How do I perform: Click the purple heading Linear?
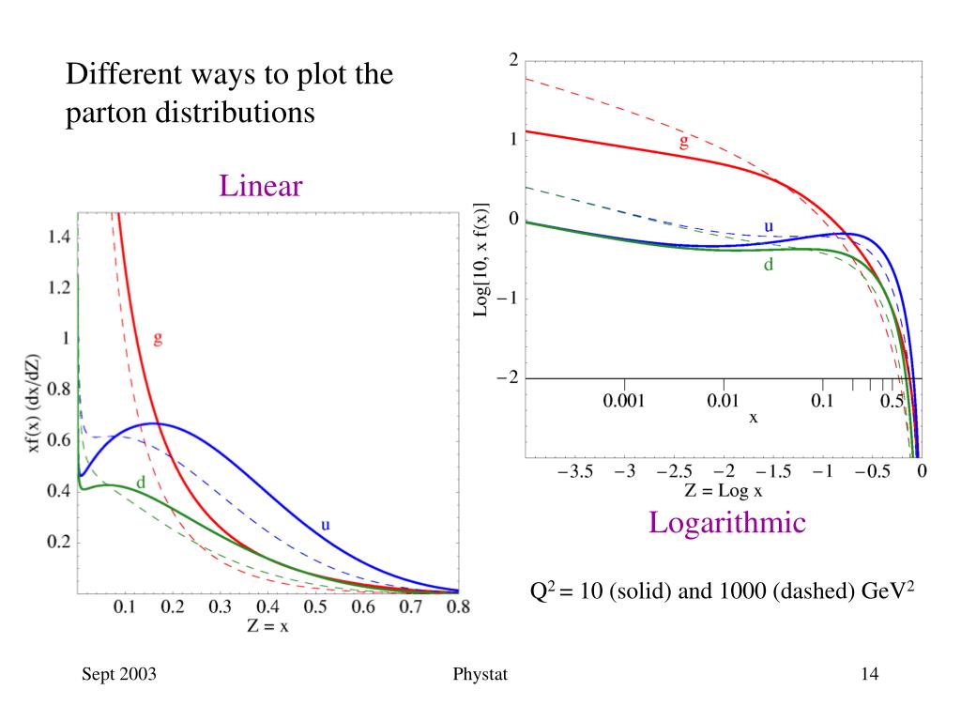coord(261,186)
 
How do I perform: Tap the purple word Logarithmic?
coord(727,523)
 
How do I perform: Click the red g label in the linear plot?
coord(158,339)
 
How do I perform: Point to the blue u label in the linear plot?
coord(326,525)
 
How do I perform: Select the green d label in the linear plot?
coord(141,483)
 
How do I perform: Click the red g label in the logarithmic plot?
coord(683,142)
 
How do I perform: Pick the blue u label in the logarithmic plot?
coord(768,226)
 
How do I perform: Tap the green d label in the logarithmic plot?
coord(768,265)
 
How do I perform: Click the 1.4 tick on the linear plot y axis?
coord(57,238)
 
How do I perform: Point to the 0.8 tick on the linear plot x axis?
coord(459,607)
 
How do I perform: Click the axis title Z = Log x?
coord(730,490)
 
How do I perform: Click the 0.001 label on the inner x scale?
coord(622,402)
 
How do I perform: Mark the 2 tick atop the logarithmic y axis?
coord(513,60)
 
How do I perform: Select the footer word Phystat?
coord(479,675)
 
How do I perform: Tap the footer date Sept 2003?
coord(118,675)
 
